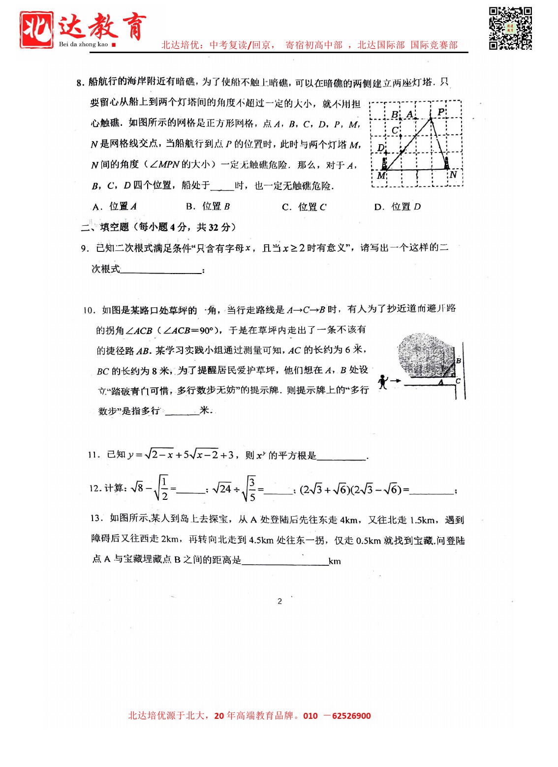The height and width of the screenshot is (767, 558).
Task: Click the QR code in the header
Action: (x=510, y=28)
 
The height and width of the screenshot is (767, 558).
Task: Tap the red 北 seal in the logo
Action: (x=37, y=30)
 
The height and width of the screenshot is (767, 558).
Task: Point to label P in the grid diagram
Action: (x=440, y=112)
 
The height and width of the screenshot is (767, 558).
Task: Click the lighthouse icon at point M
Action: (x=384, y=163)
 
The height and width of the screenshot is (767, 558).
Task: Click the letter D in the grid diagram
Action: (x=380, y=148)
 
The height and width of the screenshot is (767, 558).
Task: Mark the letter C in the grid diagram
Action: (x=395, y=130)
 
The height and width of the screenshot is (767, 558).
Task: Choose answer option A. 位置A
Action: (x=115, y=207)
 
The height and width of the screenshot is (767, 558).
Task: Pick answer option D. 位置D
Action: (x=398, y=207)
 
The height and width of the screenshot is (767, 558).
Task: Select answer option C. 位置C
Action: (x=304, y=207)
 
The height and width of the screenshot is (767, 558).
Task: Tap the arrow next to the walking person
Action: (x=395, y=380)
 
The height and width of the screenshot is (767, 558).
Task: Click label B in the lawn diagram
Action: (x=458, y=361)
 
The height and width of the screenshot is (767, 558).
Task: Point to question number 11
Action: (x=93, y=455)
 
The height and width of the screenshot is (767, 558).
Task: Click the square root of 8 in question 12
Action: (x=137, y=488)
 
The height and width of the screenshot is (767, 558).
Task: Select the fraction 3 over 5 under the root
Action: (x=252, y=489)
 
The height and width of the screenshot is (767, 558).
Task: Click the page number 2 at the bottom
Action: (x=279, y=601)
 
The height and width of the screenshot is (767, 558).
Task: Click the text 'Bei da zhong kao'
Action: (x=83, y=44)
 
